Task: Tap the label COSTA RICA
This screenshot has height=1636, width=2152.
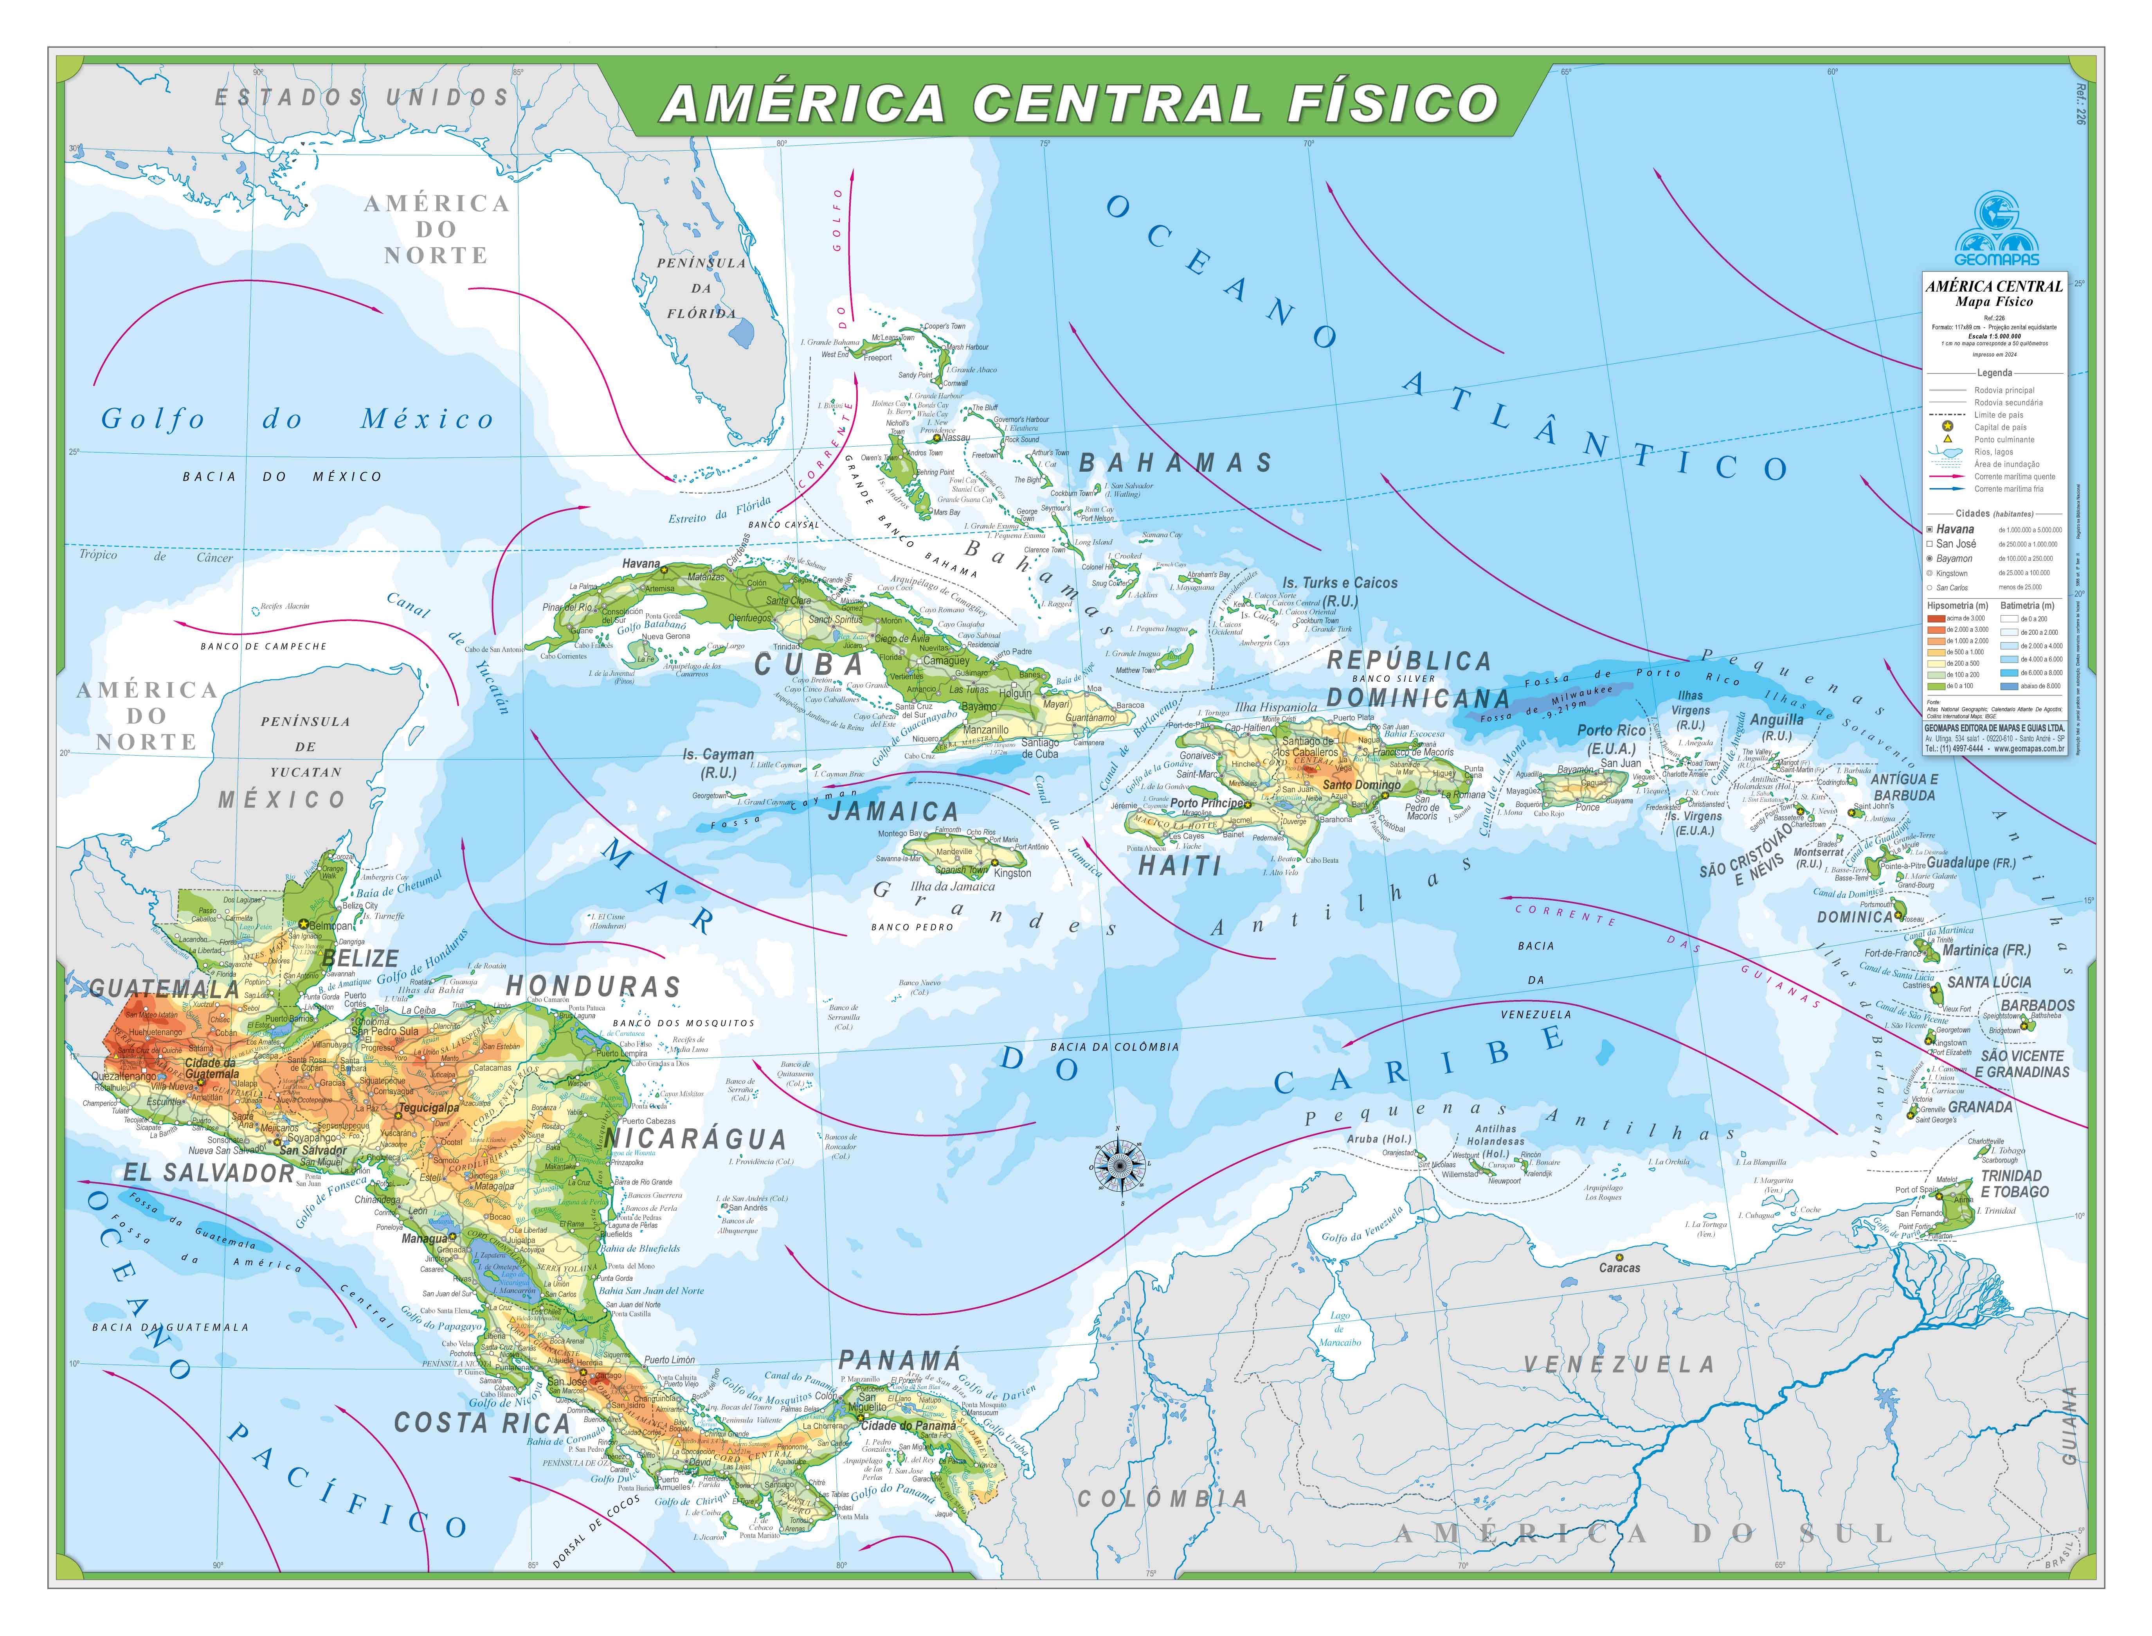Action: click(x=481, y=1423)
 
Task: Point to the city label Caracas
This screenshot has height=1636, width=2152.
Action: click(x=1619, y=1268)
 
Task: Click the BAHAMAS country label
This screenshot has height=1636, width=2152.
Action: click(x=1175, y=463)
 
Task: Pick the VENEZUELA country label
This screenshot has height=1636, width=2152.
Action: click(x=1618, y=1364)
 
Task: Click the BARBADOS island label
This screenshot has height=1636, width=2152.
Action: click(x=2037, y=1005)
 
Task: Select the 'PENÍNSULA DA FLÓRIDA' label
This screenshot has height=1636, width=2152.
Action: click(x=701, y=288)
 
